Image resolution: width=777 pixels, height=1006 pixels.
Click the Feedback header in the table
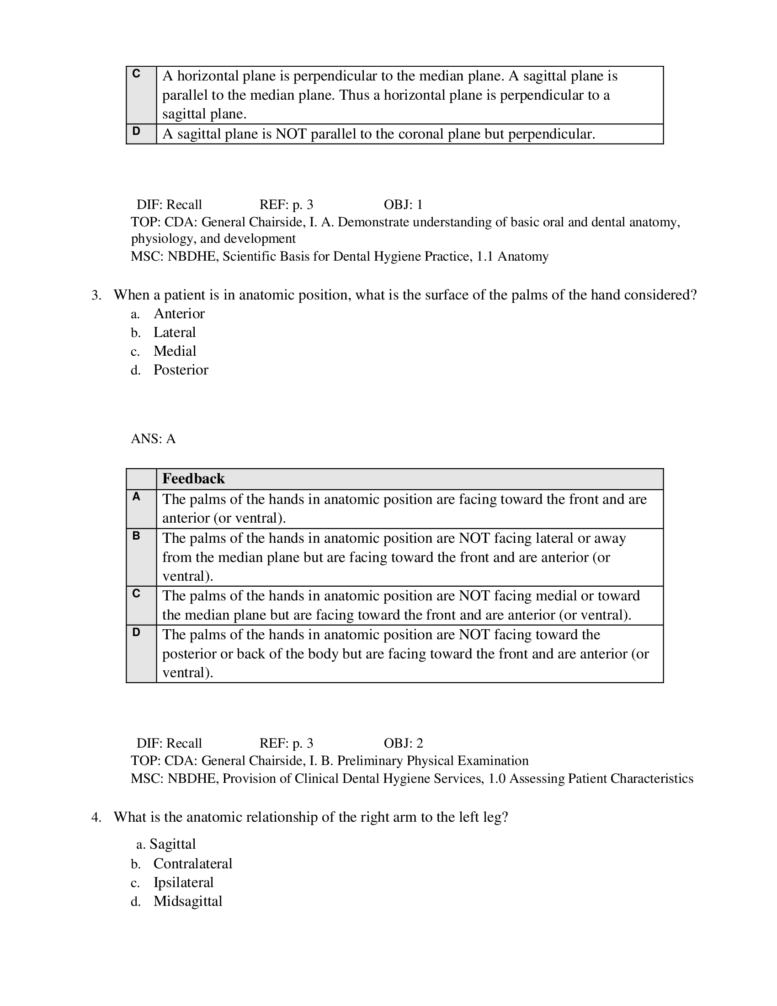click(193, 479)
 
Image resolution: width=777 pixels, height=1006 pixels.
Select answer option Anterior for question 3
click(179, 314)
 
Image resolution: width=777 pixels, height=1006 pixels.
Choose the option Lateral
click(175, 332)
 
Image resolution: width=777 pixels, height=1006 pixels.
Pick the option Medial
click(175, 351)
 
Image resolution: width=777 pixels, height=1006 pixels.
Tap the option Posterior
click(181, 370)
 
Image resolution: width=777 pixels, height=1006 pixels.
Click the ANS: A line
click(153, 439)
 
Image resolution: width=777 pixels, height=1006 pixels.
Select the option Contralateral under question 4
click(192, 863)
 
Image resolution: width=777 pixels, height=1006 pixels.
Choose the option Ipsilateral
click(183, 882)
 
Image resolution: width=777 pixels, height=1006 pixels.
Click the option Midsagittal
click(187, 901)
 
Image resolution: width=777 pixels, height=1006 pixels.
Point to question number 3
click(96, 295)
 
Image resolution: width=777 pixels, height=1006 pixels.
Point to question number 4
click(96, 817)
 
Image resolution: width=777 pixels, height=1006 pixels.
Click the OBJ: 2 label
click(403, 743)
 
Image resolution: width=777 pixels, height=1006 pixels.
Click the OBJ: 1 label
click(403, 204)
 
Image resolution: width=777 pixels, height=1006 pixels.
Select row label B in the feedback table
click(136, 536)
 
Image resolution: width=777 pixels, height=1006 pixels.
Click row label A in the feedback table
click(136, 497)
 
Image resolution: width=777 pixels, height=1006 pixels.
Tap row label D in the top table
click(136, 131)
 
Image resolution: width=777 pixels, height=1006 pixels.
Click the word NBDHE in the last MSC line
click(192, 778)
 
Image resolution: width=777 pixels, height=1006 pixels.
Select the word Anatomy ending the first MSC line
click(523, 256)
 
